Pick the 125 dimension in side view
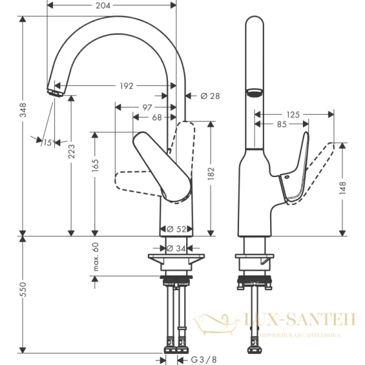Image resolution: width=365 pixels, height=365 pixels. [294, 114]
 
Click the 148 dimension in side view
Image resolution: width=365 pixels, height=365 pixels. [343, 188]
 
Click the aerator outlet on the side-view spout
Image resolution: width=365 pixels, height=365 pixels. [254, 93]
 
